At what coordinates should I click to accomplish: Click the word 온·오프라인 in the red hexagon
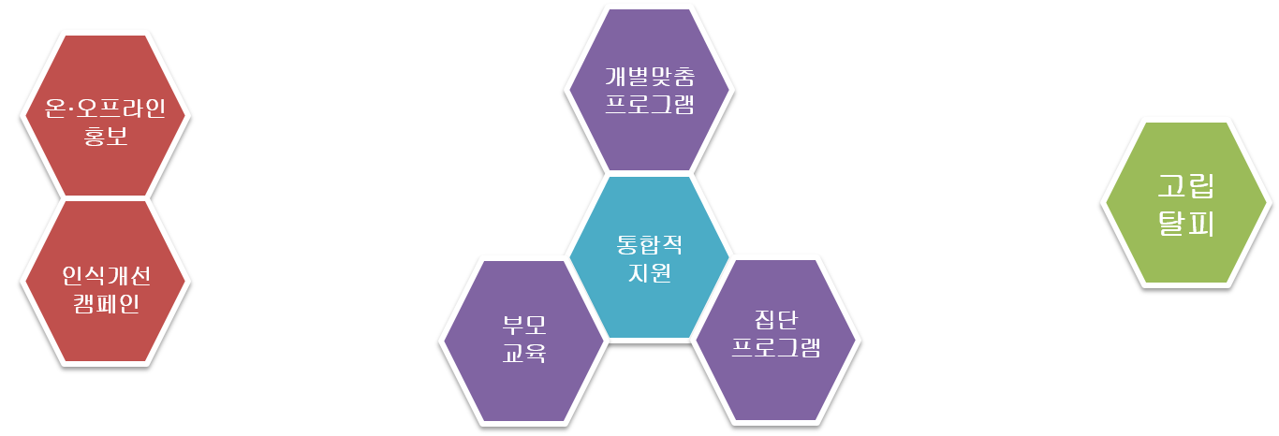(x=106, y=108)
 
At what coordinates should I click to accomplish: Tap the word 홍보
(x=106, y=136)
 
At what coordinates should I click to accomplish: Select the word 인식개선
(x=106, y=276)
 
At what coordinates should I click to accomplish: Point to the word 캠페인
(x=106, y=303)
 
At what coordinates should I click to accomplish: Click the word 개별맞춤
(x=650, y=76)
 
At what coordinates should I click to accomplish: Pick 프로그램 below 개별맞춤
(x=650, y=104)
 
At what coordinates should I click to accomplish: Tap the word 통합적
(x=650, y=244)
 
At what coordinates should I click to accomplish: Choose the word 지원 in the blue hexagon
(x=650, y=272)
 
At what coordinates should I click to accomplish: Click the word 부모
(x=524, y=325)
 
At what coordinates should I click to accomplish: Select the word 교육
(x=524, y=353)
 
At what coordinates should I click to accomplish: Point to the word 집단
(x=776, y=319)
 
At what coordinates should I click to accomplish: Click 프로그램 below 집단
(x=776, y=347)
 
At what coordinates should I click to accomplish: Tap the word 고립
(x=1186, y=186)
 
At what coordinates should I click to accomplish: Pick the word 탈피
(x=1186, y=222)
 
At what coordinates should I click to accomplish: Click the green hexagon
(x=1186, y=203)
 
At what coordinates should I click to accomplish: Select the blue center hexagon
(x=650, y=257)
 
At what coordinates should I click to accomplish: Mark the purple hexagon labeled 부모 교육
(x=524, y=342)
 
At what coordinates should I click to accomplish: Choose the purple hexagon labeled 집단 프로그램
(x=776, y=341)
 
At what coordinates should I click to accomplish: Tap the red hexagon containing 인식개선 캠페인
(x=106, y=282)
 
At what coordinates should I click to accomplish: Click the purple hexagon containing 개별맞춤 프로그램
(x=650, y=90)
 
